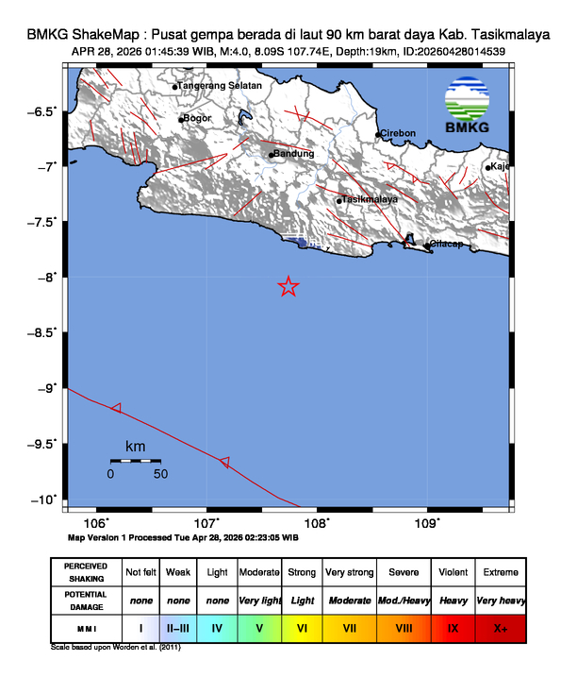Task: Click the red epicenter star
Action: [288, 287]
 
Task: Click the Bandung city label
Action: [292, 153]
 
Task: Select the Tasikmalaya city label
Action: [370, 200]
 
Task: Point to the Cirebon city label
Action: [399, 133]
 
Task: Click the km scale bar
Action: [134, 460]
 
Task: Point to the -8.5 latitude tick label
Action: [42, 331]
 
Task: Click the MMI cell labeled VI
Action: [303, 627]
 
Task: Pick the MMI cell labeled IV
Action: [218, 627]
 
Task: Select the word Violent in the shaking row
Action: [453, 572]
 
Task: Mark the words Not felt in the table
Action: [140, 572]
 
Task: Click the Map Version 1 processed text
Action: [184, 536]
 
